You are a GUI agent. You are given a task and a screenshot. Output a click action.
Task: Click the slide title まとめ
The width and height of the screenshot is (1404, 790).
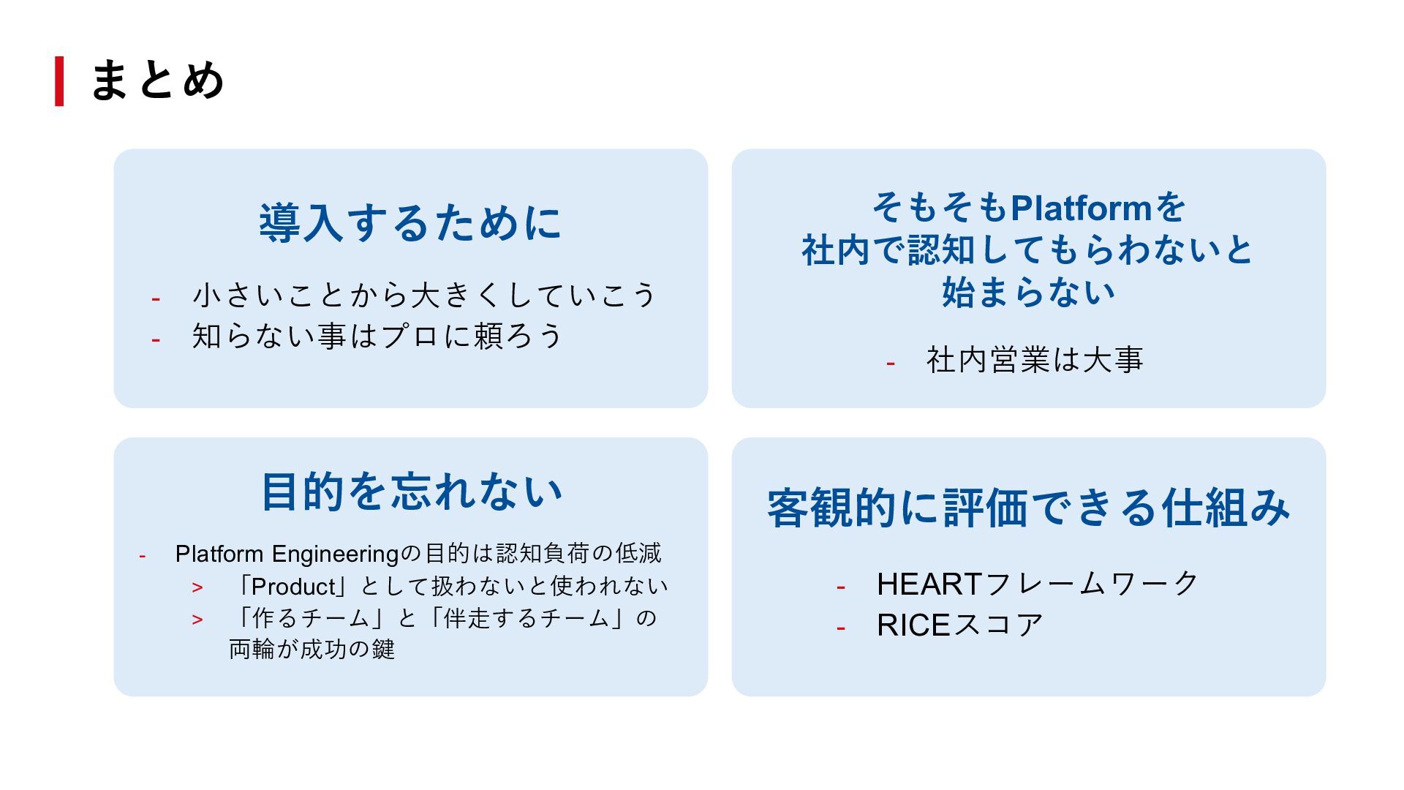click(156, 80)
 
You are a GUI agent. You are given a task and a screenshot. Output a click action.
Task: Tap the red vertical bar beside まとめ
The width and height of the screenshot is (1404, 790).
click(59, 81)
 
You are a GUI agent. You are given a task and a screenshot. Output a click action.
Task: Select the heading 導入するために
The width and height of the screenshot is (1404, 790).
click(410, 223)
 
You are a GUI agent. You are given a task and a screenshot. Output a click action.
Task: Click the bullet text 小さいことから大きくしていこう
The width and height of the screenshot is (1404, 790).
click(424, 295)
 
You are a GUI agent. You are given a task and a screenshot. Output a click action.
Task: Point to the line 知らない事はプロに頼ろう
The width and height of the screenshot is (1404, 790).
click(377, 336)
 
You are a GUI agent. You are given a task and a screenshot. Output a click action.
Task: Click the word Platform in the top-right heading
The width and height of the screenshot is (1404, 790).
click(1081, 208)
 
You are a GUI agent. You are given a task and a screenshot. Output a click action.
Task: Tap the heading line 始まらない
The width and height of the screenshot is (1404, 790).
click(1028, 293)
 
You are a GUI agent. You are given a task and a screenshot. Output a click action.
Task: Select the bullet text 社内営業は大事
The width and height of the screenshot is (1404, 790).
click(1034, 360)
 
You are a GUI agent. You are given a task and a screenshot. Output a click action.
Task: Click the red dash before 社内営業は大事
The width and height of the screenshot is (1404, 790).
click(890, 363)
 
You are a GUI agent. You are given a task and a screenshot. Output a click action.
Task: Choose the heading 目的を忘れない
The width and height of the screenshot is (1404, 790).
click(411, 492)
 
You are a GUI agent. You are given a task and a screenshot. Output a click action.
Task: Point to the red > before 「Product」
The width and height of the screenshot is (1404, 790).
click(197, 587)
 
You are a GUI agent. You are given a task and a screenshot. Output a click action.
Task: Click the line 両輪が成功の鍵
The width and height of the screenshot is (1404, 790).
click(312, 650)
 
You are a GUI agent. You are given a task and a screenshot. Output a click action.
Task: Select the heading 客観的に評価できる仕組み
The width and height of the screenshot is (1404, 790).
click(1028, 508)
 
